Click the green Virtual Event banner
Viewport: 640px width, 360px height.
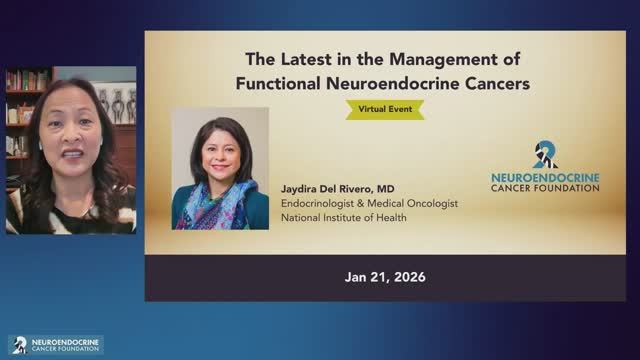coord(384,109)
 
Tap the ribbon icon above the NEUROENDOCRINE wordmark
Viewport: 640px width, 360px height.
coord(545,154)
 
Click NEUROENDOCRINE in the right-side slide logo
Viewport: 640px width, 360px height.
coord(545,177)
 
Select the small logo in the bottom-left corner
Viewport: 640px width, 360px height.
coord(55,344)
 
